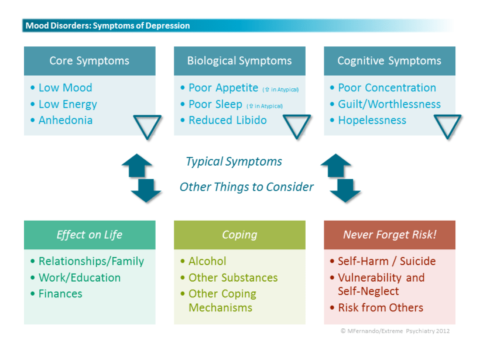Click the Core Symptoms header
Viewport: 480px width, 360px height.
pos(90,61)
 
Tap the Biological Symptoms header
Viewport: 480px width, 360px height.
pos(239,61)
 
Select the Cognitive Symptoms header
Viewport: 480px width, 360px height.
pos(389,61)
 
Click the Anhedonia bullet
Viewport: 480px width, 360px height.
pos(65,121)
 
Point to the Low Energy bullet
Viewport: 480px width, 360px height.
pos(67,104)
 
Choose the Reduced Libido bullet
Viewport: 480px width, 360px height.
pos(227,121)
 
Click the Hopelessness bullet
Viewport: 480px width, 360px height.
pos(372,121)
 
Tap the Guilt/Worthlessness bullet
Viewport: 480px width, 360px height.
pos(389,104)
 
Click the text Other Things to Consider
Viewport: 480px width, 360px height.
pos(246,187)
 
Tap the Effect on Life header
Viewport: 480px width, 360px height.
pos(90,235)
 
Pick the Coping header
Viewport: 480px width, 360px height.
pos(239,235)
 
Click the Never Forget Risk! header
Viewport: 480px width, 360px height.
pos(389,235)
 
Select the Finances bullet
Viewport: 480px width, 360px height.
pos(60,294)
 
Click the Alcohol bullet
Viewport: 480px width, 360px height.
pos(207,261)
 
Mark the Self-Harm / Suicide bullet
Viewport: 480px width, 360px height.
pos(386,261)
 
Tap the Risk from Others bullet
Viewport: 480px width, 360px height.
pos(380,308)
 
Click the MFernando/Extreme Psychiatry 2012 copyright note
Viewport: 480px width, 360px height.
pos(395,331)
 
